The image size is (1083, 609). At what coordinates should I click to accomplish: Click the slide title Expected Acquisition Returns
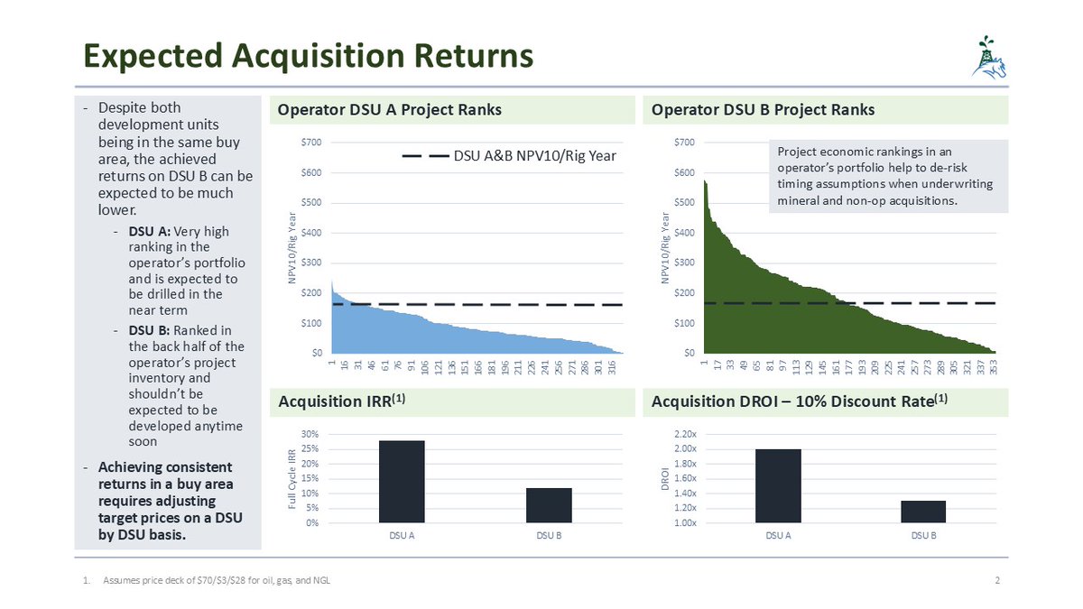[x=303, y=56]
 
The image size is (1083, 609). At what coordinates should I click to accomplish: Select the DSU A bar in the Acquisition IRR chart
[x=402, y=482]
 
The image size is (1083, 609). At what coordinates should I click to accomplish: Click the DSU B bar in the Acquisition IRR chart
[x=549, y=505]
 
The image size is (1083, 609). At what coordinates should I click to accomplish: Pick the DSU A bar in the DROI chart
[x=778, y=485]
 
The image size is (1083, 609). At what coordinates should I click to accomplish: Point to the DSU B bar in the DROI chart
[x=923, y=512]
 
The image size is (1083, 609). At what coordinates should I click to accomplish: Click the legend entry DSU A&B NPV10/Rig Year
[x=509, y=156]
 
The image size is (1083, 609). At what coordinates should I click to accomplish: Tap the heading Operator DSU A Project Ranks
[x=389, y=110]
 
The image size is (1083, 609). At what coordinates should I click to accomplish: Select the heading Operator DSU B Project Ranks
[x=763, y=110]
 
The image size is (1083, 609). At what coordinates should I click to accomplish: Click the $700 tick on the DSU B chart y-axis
[x=684, y=143]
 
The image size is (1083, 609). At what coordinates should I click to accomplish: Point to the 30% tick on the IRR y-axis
[x=309, y=435]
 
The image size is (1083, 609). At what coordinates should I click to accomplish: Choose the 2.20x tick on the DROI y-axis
[x=684, y=435]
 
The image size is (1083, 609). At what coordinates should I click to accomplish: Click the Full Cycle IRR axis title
[x=292, y=478]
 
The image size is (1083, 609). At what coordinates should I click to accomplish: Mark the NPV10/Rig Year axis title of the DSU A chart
[x=292, y=247]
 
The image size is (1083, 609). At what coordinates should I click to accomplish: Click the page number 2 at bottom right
[x=997, y=580]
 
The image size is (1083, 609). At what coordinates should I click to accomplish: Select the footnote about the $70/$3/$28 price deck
[x=216, y=580]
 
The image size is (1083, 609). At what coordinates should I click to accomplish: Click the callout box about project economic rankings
[x=888, y=176]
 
